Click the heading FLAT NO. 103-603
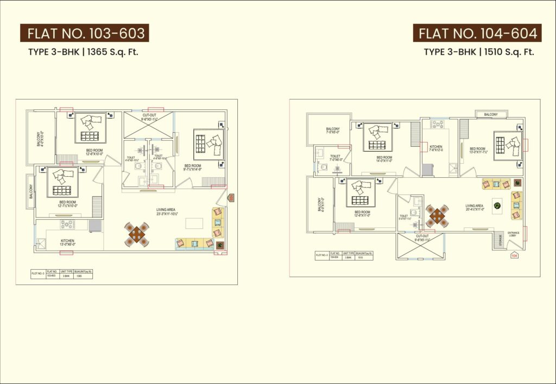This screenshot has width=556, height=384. coord(85,34)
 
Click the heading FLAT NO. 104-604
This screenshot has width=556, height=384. coord(477,34)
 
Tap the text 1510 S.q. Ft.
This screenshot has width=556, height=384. coord(509,52)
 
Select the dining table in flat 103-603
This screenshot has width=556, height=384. coord(136,234)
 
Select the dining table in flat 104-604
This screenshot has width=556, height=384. coord(437,216)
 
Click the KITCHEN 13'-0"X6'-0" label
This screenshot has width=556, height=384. coord(68,243)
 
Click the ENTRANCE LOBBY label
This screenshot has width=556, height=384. coord(514,235)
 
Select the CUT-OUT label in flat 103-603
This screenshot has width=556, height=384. coord(149,117)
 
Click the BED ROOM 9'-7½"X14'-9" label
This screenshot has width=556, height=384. coord(193,168)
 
